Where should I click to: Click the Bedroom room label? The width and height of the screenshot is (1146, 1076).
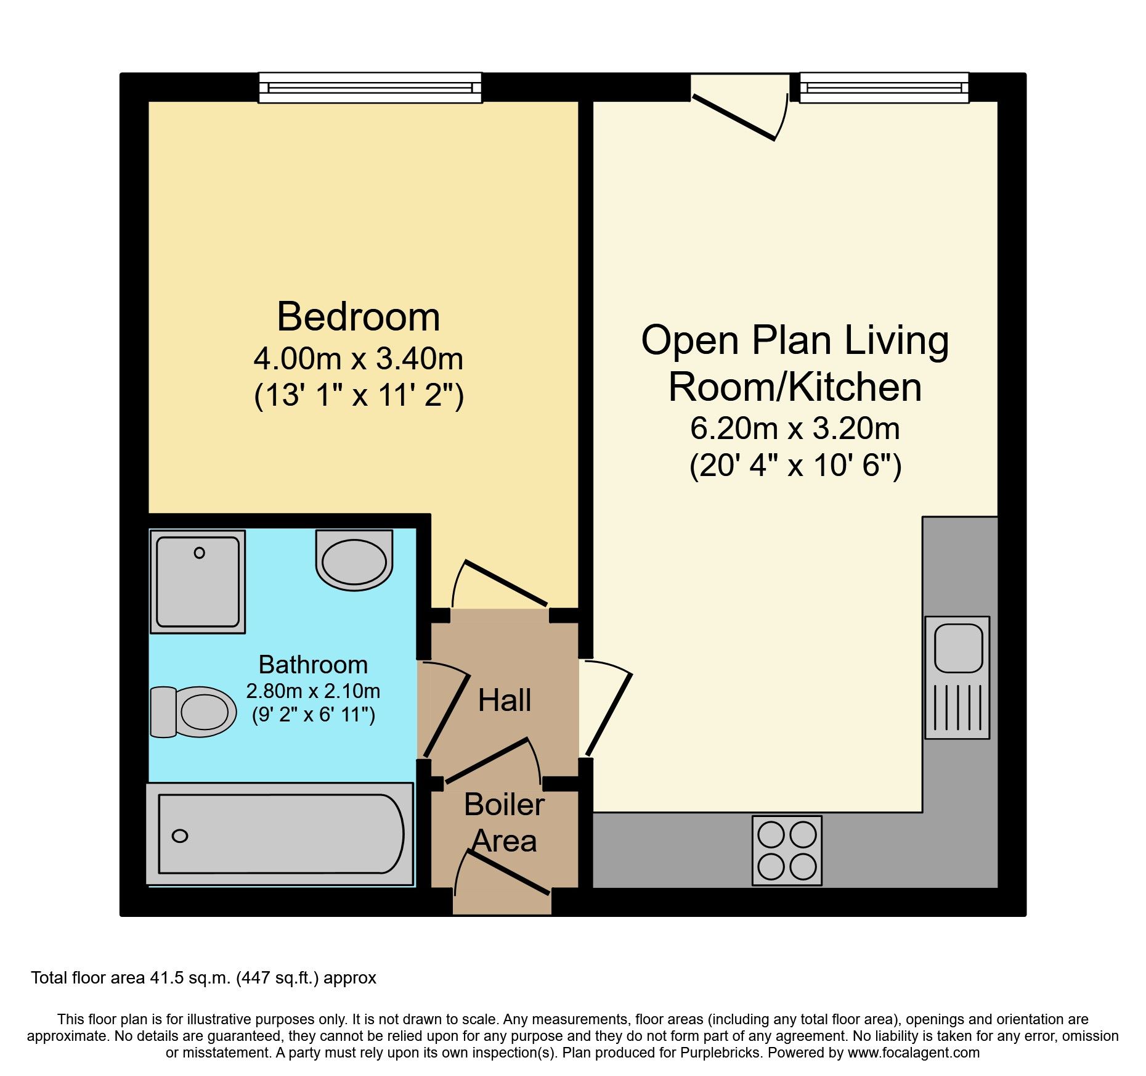coord(359,317)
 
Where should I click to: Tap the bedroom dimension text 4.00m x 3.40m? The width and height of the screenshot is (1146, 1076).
coord(359,359)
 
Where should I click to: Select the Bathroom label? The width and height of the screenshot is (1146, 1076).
coord(313,665)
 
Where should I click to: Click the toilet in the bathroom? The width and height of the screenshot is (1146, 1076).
coord(193,712)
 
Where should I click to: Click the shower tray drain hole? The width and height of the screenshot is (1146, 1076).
coord(199,553)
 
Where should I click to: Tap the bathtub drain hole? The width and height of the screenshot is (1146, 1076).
coord(180,836)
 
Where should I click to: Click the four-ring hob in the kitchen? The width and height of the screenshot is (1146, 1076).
coord(787,851)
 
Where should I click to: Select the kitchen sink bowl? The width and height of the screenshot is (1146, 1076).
coord(958,648)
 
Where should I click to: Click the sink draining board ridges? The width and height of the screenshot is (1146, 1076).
coord(957,707)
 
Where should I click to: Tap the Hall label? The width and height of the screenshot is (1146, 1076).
coord(505,700)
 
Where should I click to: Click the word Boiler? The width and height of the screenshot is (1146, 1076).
coord(504,805)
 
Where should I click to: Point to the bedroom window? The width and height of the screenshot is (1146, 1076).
coord(370,88)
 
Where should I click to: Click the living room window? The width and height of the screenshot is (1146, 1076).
coord(884,88)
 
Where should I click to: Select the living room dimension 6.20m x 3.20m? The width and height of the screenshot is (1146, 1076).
coord(795,429)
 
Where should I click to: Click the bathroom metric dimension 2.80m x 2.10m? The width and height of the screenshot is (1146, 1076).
coord(313,691)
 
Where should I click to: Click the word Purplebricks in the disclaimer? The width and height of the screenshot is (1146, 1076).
coord(720,1053)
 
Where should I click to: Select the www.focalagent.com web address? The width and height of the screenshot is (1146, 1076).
coord(914,1053)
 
